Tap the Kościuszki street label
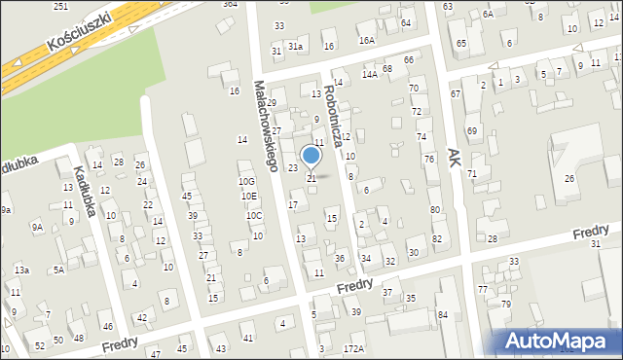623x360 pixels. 79,32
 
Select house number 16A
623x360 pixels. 366,41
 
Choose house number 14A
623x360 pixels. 370,74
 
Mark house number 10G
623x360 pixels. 246,181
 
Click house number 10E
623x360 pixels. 249,196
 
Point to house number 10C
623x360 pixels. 253,215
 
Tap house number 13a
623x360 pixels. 21,270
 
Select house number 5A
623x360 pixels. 58,270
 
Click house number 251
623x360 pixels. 60,7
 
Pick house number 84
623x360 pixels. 443,314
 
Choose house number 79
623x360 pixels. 506,305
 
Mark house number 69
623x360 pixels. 471,130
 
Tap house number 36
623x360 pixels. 340,258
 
